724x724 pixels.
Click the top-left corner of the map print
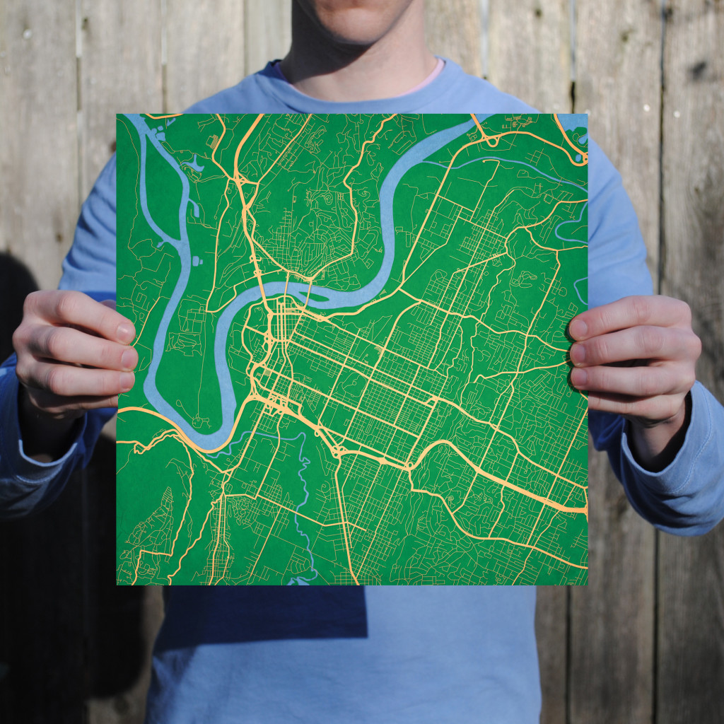coord(117,115)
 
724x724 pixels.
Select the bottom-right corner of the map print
coord(587,584)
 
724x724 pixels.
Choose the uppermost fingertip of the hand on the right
coord(578,327)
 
